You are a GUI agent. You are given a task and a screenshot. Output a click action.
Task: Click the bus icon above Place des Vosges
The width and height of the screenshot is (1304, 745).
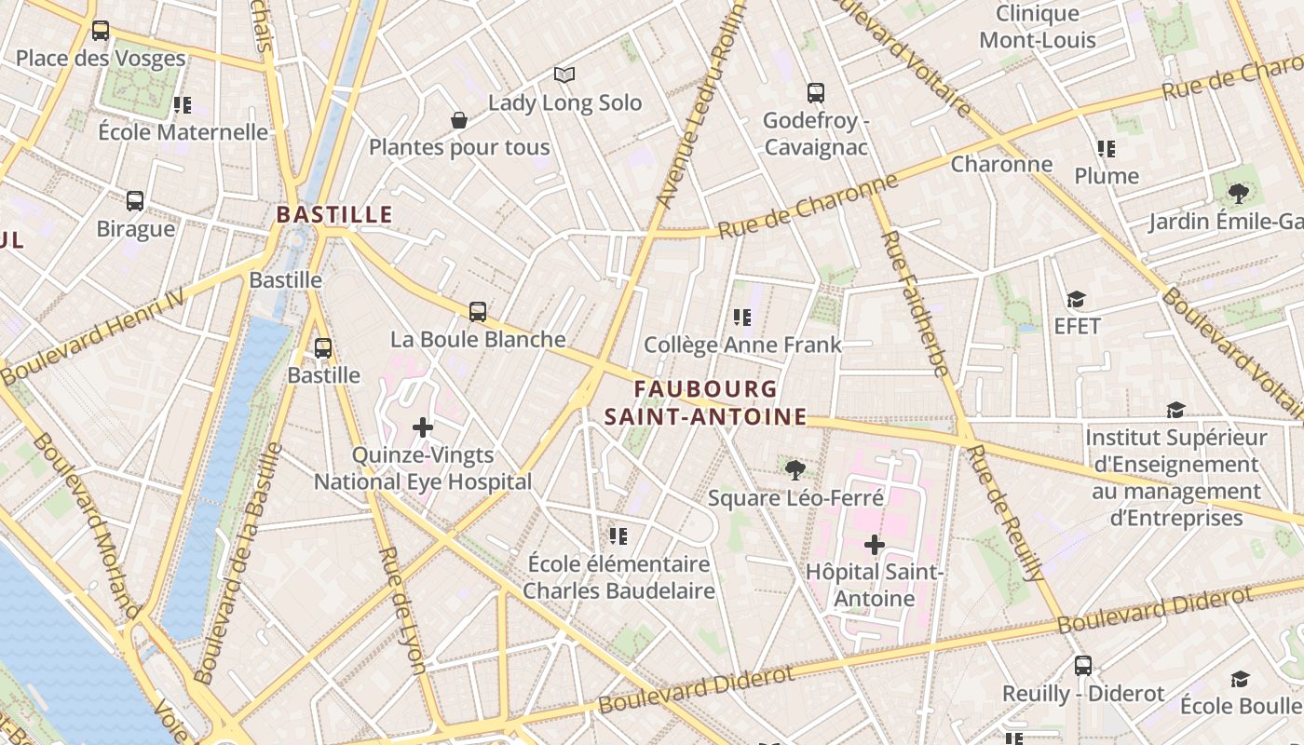click(x=101, y=31)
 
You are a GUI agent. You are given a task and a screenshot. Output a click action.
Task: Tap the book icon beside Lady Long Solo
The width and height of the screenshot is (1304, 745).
click(x=564, y=74)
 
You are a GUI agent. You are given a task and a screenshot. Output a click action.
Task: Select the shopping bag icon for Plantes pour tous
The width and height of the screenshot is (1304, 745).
click(x=458, y=120)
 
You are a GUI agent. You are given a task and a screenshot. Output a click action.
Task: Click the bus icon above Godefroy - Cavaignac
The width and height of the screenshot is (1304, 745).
click(x=816, y=92)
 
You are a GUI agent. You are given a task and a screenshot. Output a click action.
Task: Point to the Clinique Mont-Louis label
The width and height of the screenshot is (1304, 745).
click(x=1038, y=27)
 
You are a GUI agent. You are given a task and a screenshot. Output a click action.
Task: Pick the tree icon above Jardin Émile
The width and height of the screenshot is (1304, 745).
click(x=1238, y=194)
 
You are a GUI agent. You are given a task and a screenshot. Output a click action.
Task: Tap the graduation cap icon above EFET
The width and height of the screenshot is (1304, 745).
click(x=1077, y=299)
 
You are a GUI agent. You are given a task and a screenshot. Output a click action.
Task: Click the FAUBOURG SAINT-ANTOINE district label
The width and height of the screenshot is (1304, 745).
click(x=705, y=402)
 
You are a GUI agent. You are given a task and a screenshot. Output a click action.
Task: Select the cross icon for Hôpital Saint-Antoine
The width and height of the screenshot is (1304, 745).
click(x=874, y=544)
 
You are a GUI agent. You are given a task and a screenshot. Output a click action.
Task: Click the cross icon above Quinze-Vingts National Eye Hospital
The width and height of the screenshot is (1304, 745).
click(x=423, y=427)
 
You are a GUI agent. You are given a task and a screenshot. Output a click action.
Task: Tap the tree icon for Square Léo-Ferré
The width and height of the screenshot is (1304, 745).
click(x=795, y=469)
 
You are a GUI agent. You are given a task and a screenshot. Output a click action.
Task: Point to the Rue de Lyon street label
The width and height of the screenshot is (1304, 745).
click(x=402, y=609)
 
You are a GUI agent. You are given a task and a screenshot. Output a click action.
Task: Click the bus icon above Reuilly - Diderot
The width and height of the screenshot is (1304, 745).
click(x=1082, y=666)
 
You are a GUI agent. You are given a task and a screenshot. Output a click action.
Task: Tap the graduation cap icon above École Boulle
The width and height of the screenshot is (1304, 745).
click(x=1240, y=679)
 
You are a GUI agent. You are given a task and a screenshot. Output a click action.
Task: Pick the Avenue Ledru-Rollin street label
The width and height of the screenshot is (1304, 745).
click(x=700, y=106)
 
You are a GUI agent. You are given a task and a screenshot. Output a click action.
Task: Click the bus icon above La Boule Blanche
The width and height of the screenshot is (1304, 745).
click(x=478, y=311)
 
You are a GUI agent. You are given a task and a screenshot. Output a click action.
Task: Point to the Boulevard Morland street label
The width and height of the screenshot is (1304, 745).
click(x=87, y=527)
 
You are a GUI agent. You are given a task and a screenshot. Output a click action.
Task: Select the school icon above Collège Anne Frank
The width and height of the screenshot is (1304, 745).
click(x=742, y=318)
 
